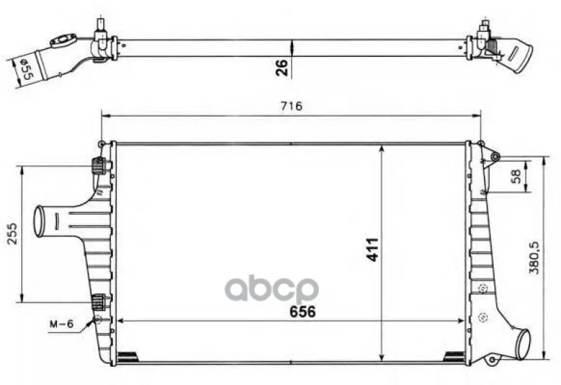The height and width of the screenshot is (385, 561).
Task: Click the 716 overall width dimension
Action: pyautogui.click(x=291, y=107)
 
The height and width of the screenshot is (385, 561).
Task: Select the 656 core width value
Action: pyautogui.click(x=303, y=311)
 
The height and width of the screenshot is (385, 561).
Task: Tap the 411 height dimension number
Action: pyautogui.click(x=373, y=250)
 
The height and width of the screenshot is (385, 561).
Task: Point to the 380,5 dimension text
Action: pyautogui.click(x=534, y=257)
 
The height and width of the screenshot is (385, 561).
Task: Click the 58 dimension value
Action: pyautogui.click(x=516, y=177)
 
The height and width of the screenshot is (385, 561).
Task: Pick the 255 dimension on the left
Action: pyautogui.click(x=13, y=234)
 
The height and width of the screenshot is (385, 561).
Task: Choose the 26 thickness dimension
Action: pyautogui.click(x=282, y=67)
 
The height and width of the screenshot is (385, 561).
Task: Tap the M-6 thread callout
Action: pyautogui.click(x=61, y=324)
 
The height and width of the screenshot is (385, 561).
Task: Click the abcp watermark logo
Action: pyautogui.click(x=271, y=288)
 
